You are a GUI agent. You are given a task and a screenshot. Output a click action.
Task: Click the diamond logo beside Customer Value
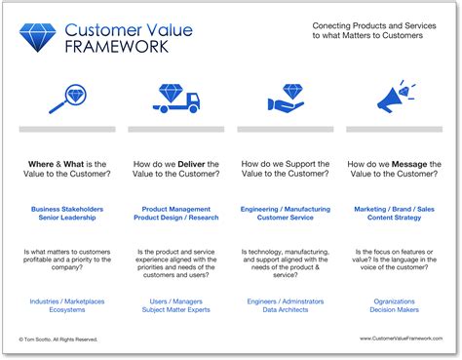pyautogui.click(x=39, y=38)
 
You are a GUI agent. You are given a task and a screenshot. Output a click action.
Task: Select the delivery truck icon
pyautogui.click(x=178, y=99)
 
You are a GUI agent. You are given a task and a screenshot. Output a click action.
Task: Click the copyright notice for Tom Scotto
pyautogui.click(x=60, y=340)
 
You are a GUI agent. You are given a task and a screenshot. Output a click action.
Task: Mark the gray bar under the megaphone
pyautogui.click(x=395, y=129)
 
